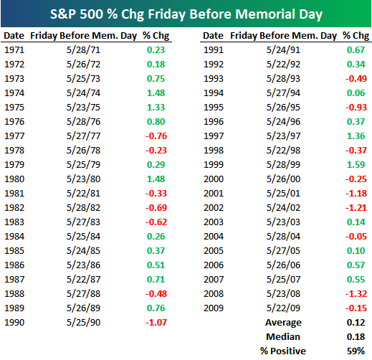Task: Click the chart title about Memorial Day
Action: [x=186, y=14]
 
